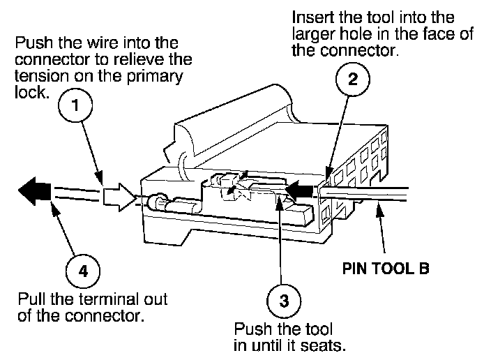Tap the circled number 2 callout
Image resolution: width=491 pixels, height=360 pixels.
[354, 78]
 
